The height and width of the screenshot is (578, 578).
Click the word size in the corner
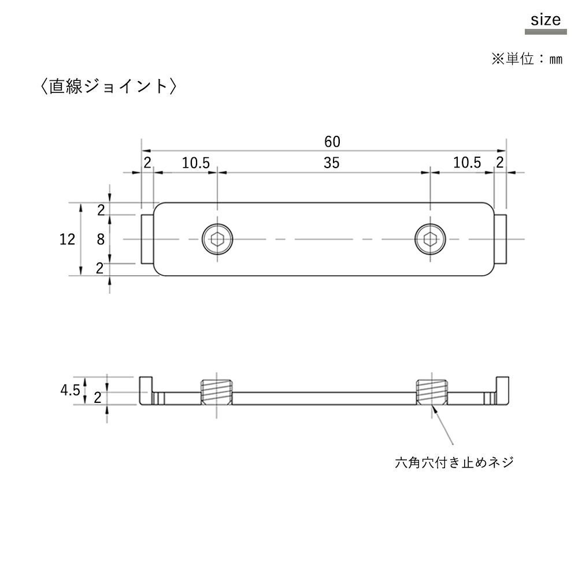[546, 20]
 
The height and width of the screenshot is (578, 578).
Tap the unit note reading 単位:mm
[534, 59]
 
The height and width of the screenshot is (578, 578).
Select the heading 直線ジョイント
[109, 86]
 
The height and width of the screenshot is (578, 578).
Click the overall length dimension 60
[332, 142]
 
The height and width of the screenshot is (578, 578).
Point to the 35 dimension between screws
[331, 163]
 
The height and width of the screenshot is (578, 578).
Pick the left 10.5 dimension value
[196, 163]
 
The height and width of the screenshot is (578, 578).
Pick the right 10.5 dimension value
[467, 163]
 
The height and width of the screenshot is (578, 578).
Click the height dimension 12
[67, 240]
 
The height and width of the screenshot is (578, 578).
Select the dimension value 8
[101, 240]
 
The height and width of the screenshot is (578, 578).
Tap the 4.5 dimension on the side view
[70, 390]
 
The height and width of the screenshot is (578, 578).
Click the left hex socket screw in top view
[217, 239]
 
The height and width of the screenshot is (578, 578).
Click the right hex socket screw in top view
[430, 239]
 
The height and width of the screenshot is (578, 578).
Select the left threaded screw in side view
[216, 392]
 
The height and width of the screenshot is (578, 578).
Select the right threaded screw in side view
[431, 392]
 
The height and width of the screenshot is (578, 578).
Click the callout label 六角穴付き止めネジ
[454, 462]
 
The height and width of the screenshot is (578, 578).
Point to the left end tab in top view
[147, 239]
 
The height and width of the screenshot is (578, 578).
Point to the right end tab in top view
[500, 239]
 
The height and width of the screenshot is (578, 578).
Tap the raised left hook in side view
[145, 390]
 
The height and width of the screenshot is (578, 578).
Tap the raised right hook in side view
[502, 390]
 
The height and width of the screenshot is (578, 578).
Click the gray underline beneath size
[546, 32]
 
